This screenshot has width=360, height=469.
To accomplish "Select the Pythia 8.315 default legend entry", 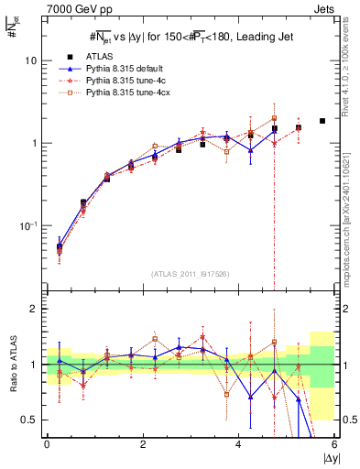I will click(119, 69).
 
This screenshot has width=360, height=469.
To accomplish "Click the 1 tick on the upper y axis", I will click(32, 143).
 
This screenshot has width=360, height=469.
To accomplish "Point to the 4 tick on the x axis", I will click(238, 444).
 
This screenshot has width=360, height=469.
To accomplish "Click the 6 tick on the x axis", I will click(334, 444).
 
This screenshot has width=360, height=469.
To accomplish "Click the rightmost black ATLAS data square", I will click(322, 121).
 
